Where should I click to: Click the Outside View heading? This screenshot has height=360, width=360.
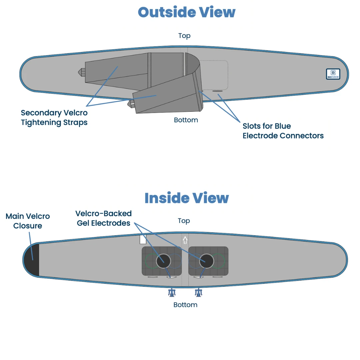click(x=186, y=13)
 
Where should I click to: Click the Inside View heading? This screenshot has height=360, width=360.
click(x=186, y=198)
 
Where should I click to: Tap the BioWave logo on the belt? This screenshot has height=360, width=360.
click(x=333, y=74)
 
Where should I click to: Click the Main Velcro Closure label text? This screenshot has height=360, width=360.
click(x=28, y=221)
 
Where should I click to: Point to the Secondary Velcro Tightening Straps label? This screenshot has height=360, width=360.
click(x=54, y=118)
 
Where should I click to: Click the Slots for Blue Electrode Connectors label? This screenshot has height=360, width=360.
click(x=283, y=131)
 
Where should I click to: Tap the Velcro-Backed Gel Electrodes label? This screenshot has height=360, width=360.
click(x=104, y=218)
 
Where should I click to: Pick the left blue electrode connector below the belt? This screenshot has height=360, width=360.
click(x=172, y=293)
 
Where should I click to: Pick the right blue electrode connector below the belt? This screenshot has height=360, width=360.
click(x=199, y=293)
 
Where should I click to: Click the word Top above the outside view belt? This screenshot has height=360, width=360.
click(x=184, y=36)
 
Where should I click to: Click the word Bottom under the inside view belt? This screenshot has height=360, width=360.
click(x=185, y=305)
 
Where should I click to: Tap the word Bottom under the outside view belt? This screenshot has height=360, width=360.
click(x=186, y=120)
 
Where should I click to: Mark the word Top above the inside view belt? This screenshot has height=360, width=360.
click(x=184, y=221)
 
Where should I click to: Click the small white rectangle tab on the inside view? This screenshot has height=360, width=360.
click(x=143, y=239)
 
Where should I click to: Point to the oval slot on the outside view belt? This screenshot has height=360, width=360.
click(x=217, y=91)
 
